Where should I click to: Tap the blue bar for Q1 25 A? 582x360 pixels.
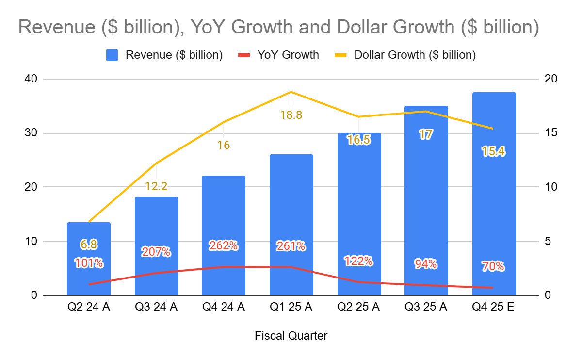[291, 204]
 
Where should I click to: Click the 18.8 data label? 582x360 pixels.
[291, 115]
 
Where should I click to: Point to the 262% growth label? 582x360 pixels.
[223, 246]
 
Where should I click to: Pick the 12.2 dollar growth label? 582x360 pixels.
[156, 186]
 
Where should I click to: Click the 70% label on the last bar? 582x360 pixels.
[493, 266]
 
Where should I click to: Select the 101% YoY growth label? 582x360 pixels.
[89, 263]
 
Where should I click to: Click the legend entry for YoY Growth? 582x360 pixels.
[288, 55]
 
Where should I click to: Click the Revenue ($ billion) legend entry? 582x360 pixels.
[174, 55]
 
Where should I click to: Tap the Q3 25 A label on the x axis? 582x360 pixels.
[426, 308]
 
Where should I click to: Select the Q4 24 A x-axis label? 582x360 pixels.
[224, 308]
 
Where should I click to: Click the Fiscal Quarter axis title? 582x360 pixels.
[291, 336]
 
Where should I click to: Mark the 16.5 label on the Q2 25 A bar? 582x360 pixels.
[359, 140]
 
